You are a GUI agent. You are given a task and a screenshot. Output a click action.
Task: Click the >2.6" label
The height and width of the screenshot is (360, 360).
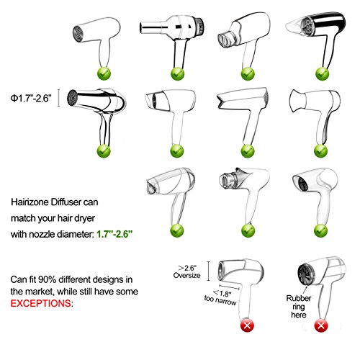tap(192, 265)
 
